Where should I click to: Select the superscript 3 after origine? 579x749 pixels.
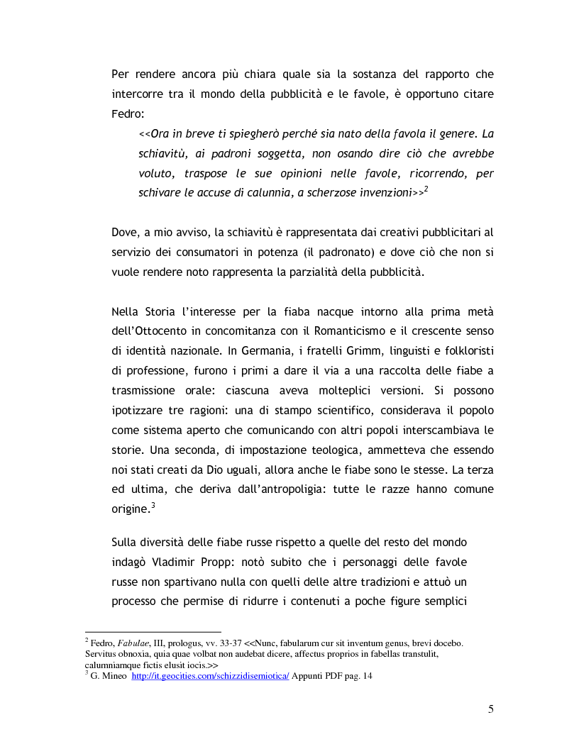point(153,506)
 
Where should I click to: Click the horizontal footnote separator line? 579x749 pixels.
point(153,631)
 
